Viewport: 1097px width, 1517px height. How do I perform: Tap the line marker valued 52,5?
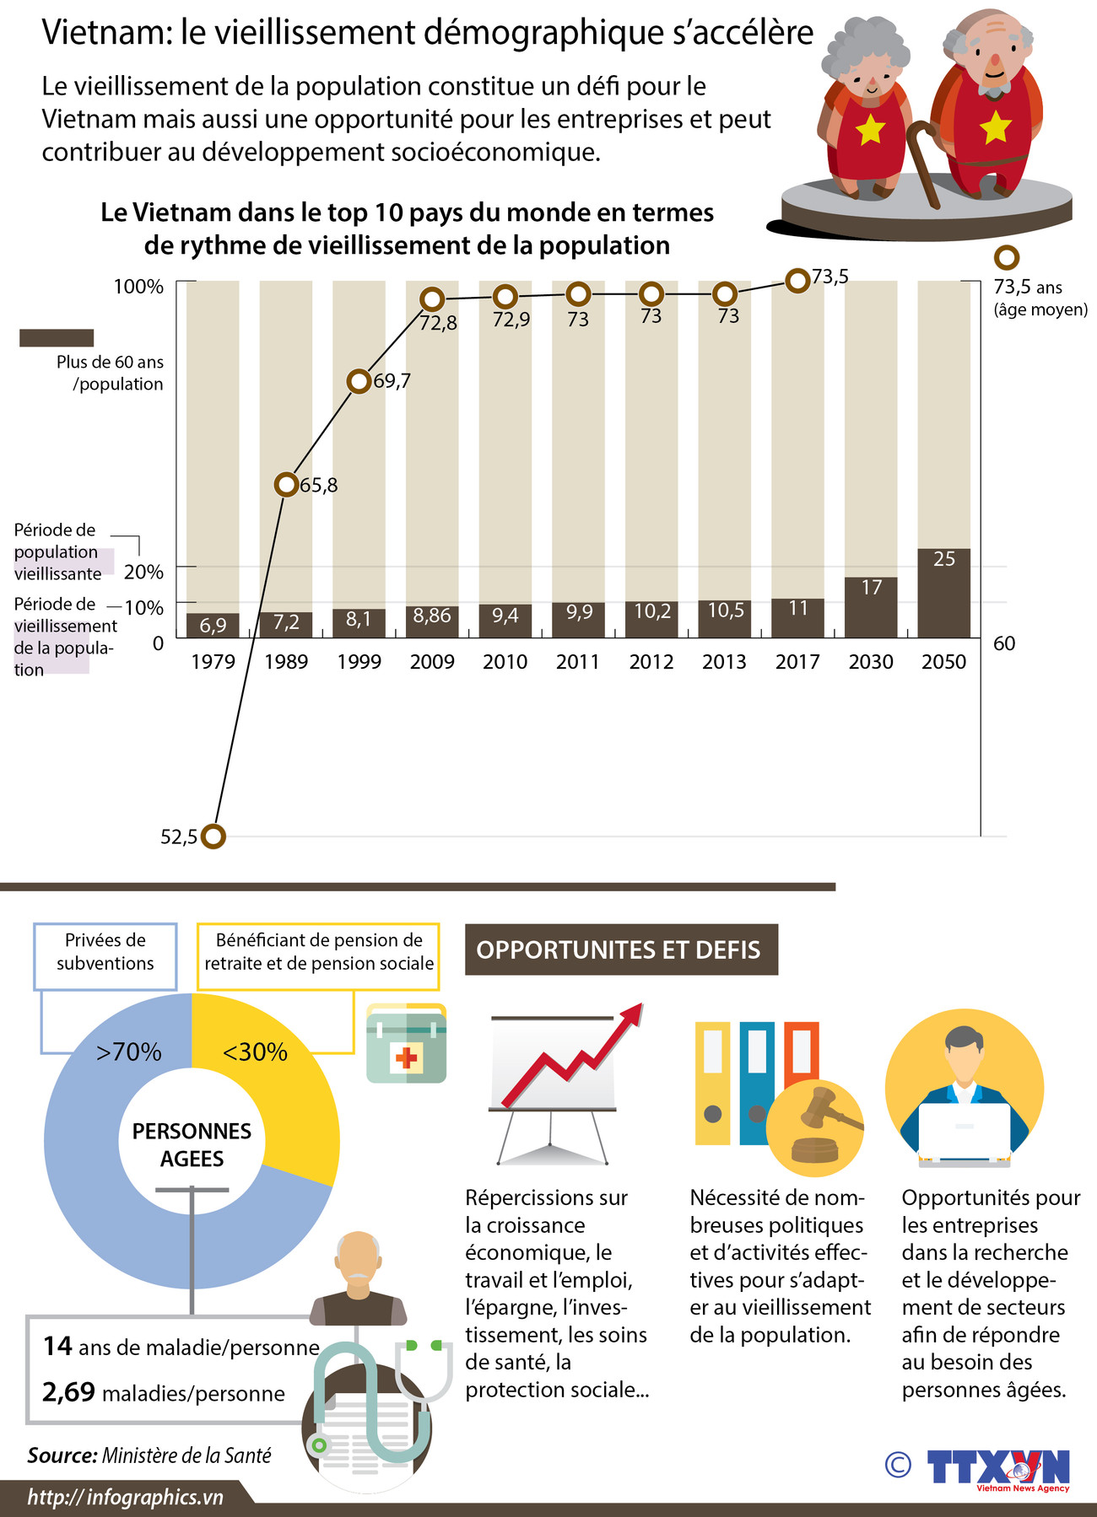pos(214,837)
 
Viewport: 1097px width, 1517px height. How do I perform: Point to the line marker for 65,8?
pos(287,485)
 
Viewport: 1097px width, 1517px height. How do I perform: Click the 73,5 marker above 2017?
pos(797,281)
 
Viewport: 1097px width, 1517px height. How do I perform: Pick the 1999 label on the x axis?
pos(359,662)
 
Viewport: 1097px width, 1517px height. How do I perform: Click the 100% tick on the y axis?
pos(138,287)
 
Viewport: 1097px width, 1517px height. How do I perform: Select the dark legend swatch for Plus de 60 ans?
pos(57,338)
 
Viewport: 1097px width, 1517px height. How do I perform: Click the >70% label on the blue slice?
pos(128,1052)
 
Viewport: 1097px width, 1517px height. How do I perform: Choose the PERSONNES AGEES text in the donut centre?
pos(192,1144)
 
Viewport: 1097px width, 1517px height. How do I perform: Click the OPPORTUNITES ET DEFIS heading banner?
pos(621,950)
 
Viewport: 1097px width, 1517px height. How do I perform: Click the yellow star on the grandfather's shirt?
pos(996,127)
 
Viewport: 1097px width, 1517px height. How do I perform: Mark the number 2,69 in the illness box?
pos(68,1392)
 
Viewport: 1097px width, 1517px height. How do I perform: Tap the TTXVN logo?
pos(998,1468)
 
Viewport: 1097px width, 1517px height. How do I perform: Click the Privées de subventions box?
pos(105,956)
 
